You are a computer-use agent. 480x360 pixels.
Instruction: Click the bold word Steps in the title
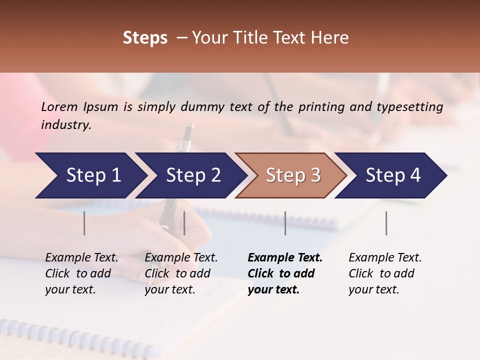click(145, 38)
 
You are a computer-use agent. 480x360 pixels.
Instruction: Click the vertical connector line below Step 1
click(84, 223)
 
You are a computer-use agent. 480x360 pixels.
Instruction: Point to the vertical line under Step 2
click(184, 223)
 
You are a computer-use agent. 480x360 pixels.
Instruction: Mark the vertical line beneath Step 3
click(285, 223)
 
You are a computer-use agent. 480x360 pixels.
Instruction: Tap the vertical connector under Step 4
click(386, 223)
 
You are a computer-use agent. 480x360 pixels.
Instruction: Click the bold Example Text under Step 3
click(285, 273)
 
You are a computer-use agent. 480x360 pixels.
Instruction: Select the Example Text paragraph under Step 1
click(81, 273)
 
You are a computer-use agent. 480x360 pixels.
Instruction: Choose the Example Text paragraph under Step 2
click(181, 273)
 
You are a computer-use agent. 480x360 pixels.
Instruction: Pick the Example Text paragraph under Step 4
click(385, 273)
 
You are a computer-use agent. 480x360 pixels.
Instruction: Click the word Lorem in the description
click(59, 107)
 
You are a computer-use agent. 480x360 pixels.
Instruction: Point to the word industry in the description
click(65, 125)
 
